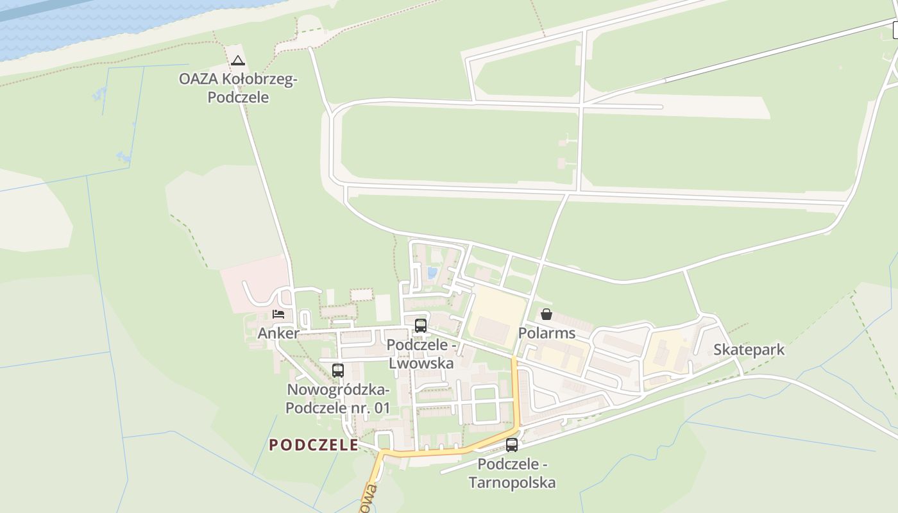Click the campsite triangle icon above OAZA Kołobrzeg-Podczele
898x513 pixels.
[x=238, y=61]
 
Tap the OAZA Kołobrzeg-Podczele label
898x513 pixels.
[x=238, y=88]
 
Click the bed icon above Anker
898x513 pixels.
[x=278, y=314]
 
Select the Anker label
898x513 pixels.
[x=278, y=333]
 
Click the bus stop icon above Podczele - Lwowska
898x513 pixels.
[x=421, y=325]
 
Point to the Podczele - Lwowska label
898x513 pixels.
[x=421, y=354]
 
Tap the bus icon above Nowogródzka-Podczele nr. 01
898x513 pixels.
[x=338, y=370]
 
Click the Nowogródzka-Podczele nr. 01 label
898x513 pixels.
[x=338, y=399]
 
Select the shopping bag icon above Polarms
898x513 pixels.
[x=546, y=314]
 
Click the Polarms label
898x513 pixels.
[x=546, y=333]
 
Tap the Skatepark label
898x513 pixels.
[x=749, y=350]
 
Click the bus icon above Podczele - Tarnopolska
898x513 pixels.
[x=512, y=444]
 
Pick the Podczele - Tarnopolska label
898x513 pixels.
[x=512, y=473]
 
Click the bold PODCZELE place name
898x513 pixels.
[x=314, y=445]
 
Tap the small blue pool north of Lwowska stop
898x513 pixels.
[x=432, y=273]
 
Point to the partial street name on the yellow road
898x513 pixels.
[x=369, y=499]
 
